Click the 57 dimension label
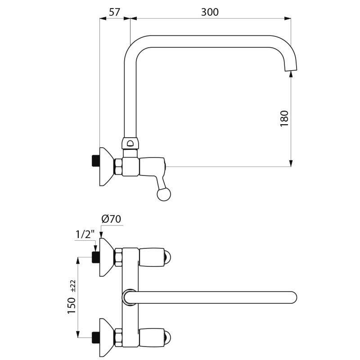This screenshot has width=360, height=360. [x=115, y=12]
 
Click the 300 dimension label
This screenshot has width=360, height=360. [x=210, y=12]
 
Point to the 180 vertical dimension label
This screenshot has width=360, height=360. [x=284, y=118]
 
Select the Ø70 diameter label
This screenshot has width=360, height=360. [x=111, y=219]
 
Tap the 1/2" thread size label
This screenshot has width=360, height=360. [x=85, y=234]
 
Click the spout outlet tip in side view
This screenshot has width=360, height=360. [x=291, y=68]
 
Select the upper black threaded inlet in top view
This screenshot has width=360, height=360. [x=95, y=257]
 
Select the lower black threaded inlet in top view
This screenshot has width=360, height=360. [x=95, y=336]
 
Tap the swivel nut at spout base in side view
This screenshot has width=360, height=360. [x=130, y=144]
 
